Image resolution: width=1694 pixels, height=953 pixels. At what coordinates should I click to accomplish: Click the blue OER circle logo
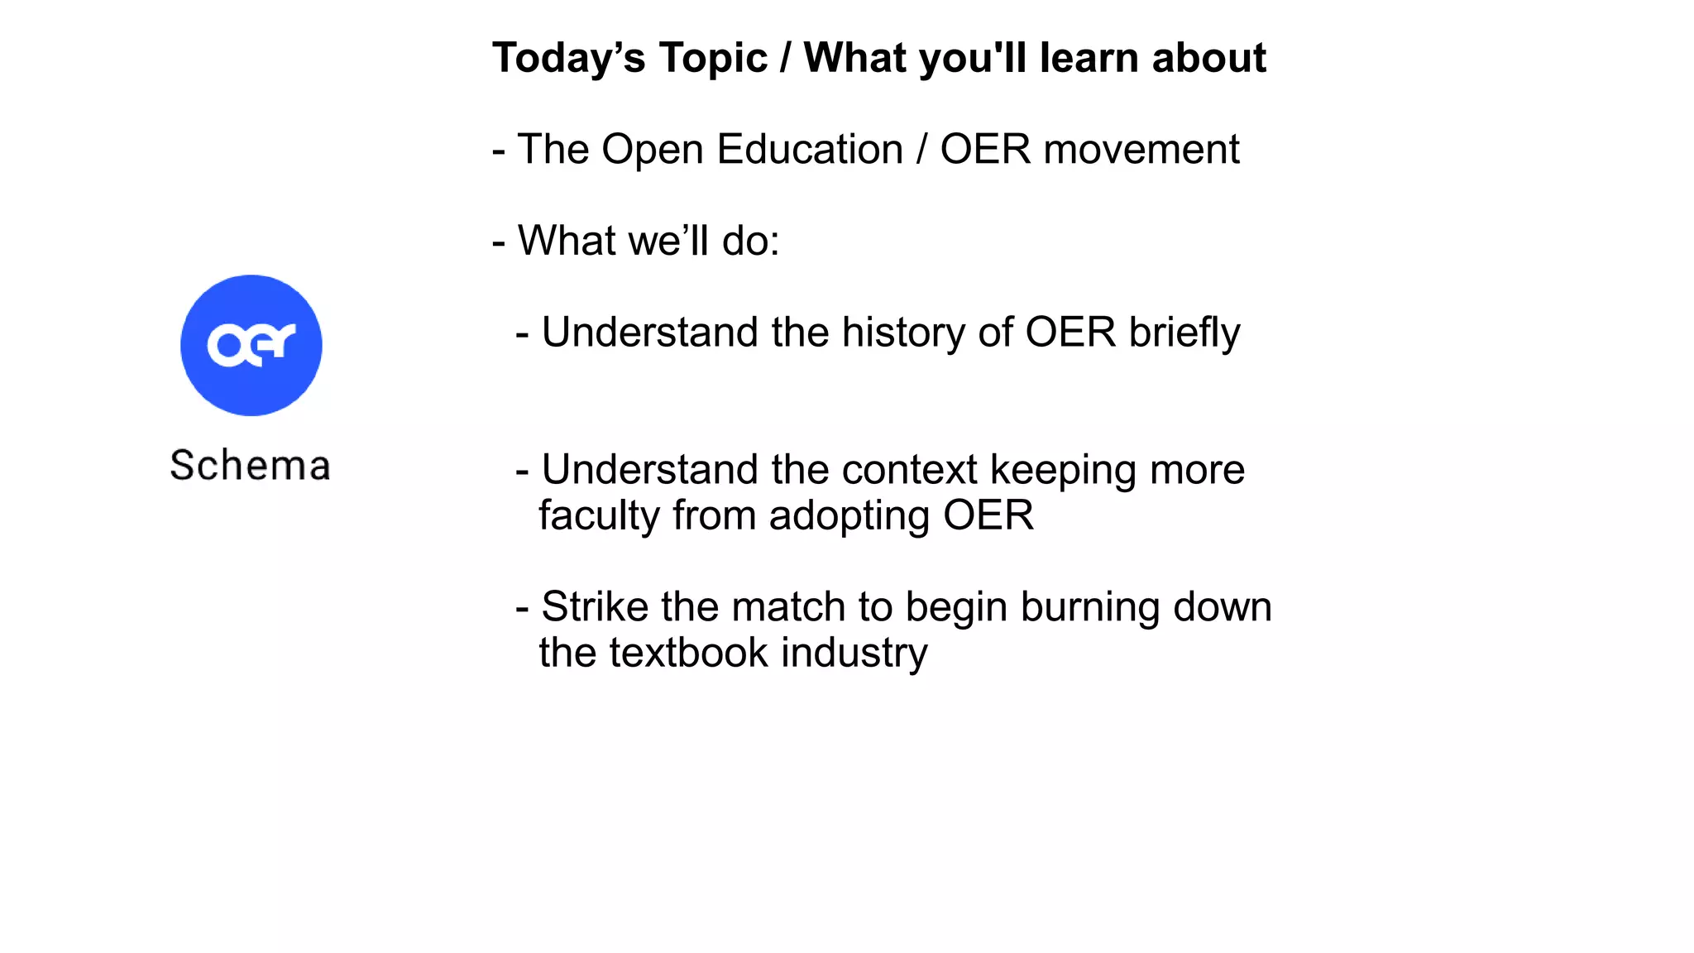point(251,345)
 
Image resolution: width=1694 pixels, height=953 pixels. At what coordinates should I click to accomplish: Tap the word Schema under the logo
point(250,465)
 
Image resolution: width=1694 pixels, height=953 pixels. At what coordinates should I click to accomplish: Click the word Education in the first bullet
point(809,150)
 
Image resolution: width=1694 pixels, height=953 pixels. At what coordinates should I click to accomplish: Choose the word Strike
point(595,607)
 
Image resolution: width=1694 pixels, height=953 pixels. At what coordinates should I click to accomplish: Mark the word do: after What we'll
point(750,242)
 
